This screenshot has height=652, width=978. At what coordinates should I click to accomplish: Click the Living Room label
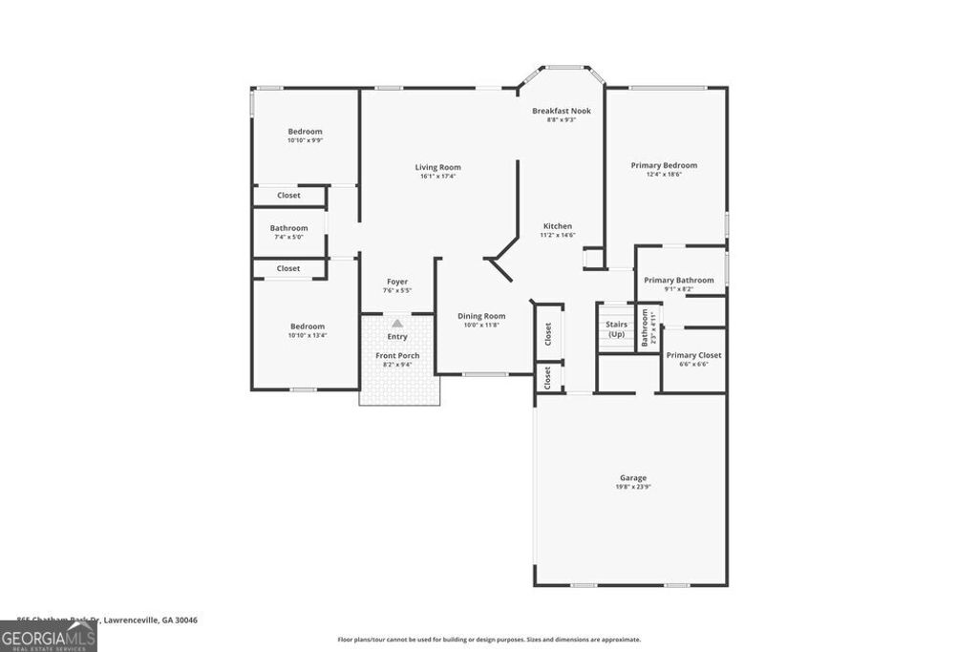437,167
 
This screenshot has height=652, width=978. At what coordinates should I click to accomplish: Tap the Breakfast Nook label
562,111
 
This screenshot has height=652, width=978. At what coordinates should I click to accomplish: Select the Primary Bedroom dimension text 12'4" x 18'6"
664,175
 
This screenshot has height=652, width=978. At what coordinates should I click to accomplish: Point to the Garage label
633,477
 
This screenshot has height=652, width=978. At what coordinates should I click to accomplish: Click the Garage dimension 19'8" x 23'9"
633,487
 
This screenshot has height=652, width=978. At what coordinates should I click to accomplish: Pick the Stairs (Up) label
616,329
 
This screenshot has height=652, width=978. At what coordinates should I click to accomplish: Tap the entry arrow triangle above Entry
397,325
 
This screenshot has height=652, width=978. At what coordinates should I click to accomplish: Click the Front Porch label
397,355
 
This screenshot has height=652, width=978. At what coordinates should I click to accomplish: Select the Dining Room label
481,316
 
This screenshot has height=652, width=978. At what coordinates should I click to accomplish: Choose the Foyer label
397,282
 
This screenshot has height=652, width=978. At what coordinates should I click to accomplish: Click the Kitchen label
558,226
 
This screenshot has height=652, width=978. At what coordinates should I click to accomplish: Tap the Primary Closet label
693,355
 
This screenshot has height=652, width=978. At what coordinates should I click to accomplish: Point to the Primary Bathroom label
678,280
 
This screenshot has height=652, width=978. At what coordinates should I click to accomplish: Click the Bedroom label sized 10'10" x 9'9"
306,131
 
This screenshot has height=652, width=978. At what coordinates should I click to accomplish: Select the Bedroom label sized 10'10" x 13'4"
308,326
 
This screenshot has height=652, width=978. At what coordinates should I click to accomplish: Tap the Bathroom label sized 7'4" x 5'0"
288,228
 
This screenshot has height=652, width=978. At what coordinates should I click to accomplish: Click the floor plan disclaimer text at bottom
489,640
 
